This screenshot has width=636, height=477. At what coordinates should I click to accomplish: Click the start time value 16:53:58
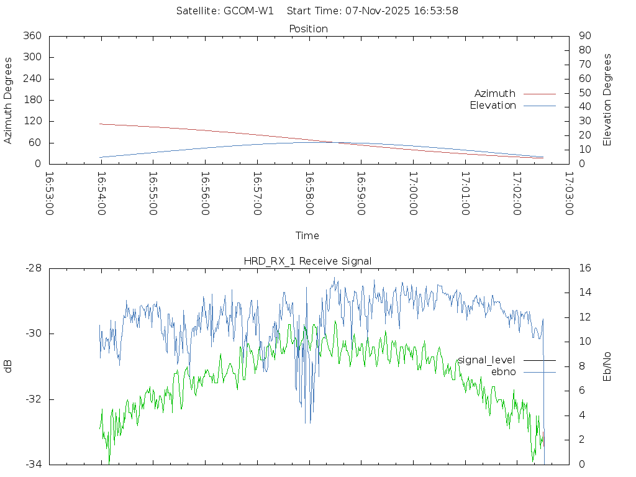438,11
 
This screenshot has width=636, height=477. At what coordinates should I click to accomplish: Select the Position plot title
309,29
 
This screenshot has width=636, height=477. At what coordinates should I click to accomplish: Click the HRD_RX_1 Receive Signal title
307,261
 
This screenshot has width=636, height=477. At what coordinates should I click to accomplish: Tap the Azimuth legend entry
495,94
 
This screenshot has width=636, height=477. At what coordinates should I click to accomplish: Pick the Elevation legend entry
493,106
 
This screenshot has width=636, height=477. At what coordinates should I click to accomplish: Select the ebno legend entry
503,372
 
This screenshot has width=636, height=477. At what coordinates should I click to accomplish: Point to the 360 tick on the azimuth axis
32,36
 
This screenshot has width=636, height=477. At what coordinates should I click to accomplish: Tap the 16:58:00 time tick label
309,193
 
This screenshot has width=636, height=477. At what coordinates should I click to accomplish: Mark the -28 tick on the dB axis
33,268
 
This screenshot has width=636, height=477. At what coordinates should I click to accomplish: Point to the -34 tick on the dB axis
33,464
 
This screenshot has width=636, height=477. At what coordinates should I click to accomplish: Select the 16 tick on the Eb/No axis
584,268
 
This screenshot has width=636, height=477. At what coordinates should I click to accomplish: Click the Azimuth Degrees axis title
9,101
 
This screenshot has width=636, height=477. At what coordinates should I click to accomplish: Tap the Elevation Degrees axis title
607,99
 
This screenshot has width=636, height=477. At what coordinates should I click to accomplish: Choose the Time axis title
307,236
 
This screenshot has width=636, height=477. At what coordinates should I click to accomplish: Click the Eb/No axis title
607,366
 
